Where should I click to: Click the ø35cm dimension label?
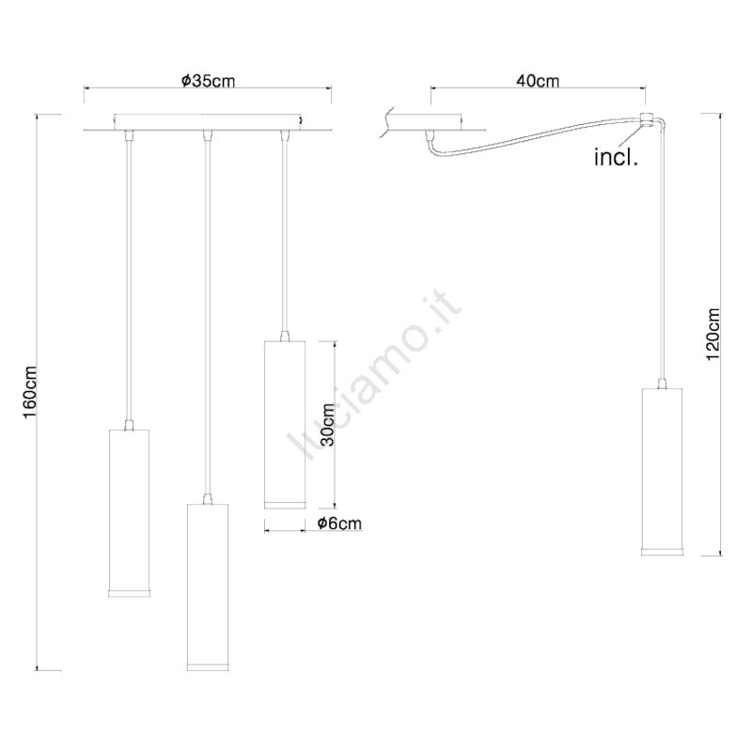click(x=208, y=81)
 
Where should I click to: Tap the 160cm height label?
click(x=30, y=392)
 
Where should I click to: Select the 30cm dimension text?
click(x=327, y=425)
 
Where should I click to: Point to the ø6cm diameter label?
click(x=339, y=523)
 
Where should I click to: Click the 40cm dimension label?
click(x=538, y=81)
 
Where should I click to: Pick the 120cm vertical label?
click(x=713, y=335)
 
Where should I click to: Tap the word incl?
click(x=617, y=157)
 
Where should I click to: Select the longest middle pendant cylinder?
click(x=208, y=587)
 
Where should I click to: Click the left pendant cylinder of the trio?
click(x=130, y=512)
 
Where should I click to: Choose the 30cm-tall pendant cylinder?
click(x=285, y=425)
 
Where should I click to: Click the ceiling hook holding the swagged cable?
click(x=646, y=120)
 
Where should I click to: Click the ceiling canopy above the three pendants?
click(x=208, y=122)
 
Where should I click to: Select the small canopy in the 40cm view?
click(x=431, y=122)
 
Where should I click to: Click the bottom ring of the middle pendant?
click(x=208, y=666)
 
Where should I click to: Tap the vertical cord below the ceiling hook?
click(x=662, y=249)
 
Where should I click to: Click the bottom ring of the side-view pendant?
click(x=663, y=552)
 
